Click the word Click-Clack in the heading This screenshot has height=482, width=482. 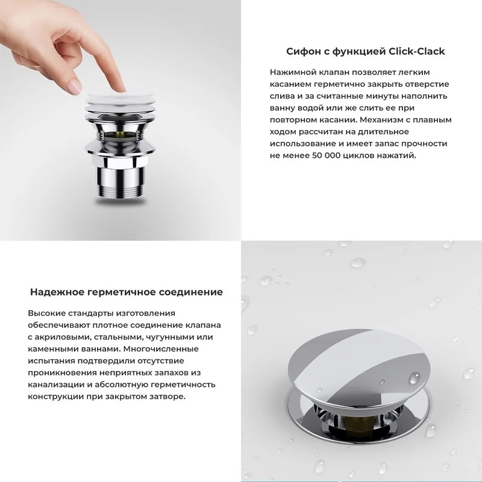pos(416,51)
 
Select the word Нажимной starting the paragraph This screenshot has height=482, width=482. pos(293,72)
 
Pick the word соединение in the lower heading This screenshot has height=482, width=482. pos(191,292)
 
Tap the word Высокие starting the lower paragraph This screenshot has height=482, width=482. pos(46,313)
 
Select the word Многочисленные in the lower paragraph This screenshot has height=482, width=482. pos(161,349)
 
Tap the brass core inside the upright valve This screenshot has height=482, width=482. pos(120,134)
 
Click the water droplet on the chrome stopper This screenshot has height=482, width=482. pos(414,378)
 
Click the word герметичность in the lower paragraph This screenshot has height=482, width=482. pos(183,385)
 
